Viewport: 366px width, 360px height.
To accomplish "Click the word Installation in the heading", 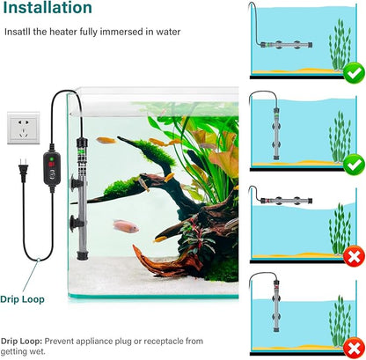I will (46, 9).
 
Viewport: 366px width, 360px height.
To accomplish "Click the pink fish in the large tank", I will (126, 226).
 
